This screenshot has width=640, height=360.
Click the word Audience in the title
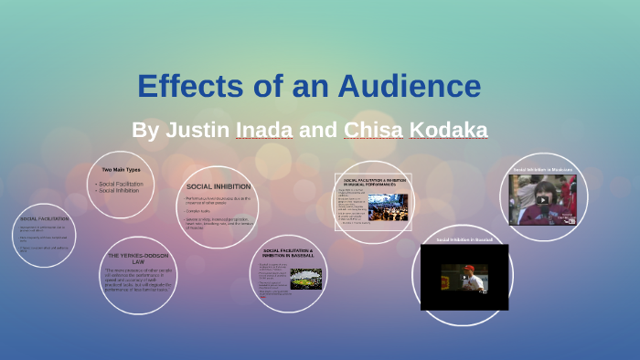click(409, 86)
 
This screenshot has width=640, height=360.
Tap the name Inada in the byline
click(264, 130)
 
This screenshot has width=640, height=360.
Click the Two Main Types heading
click(121, 171)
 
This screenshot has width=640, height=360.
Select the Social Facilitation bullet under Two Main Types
click(122, 184)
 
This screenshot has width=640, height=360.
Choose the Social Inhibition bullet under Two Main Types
click(119, 190)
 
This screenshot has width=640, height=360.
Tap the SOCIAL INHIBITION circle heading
click(219, 186)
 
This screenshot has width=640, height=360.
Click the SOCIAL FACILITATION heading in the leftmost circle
click(44, 219)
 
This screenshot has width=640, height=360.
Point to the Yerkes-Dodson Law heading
click(137, 258)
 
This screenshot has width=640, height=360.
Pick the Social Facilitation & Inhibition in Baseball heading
click(288, 252)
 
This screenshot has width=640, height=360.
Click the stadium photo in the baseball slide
click(305, 278)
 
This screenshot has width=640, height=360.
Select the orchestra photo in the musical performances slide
click(388, 206)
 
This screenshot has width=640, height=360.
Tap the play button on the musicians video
click(543, 199)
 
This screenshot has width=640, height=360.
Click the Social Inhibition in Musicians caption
click(543, 170)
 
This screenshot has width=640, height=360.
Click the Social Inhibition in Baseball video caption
click(464, 239)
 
